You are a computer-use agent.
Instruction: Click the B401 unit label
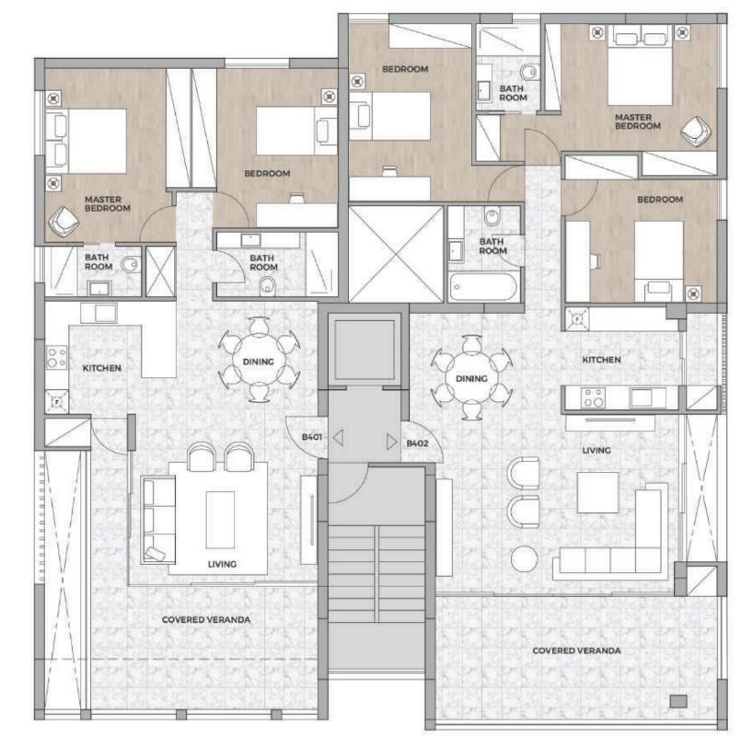point(312,437)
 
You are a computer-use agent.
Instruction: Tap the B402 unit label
point(417,443)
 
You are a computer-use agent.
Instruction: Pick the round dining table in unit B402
point(471,378)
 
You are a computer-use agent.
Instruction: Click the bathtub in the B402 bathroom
point(483,287)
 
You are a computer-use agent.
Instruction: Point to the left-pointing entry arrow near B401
point(339,437)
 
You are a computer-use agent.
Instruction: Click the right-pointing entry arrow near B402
point(391,442)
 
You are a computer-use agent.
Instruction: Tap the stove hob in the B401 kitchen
point(56,357)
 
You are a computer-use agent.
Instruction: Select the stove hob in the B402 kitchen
point(593,397)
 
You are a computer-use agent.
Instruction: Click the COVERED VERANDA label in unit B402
point(576,650)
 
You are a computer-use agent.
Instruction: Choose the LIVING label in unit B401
point(222,564)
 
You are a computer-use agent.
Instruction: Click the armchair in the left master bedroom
point(63,222)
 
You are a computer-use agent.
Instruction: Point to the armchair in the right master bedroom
point(696,132)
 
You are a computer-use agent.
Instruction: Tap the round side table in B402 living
point(524,558)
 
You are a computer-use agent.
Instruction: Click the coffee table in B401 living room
point(220,520)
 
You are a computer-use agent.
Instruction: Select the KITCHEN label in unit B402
point(601,360)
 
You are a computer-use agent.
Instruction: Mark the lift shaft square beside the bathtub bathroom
point(396,254)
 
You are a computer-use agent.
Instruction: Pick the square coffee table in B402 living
point(597,492)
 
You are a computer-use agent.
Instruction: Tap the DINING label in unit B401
point(258,362)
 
